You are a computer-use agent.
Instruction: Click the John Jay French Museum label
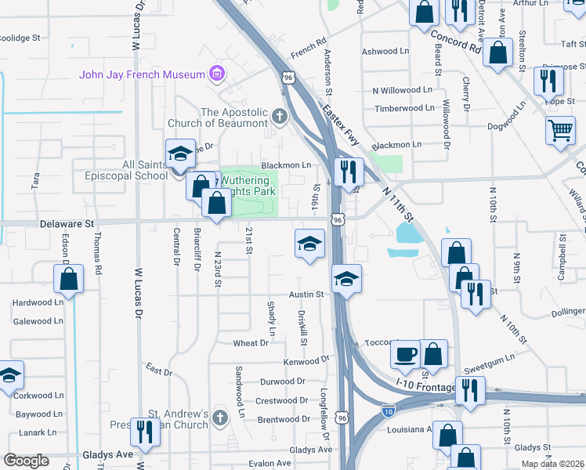click(141, 75)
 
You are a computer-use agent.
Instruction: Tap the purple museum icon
click(217, 75)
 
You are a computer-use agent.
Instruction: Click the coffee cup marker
click(405, 354)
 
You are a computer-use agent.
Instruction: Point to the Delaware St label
click(67, 224)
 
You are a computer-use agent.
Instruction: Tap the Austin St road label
click(306, 295)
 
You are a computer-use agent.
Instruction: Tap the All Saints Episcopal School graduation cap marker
click(180, 153)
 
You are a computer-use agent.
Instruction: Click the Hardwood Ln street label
click(38, 302)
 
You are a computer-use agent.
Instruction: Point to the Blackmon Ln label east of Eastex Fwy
click(396, 145)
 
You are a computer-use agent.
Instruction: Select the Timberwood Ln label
click(403, 109)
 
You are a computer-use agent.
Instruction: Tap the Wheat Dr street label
click(251, 343)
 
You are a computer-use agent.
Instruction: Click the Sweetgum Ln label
click(488, 357)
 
